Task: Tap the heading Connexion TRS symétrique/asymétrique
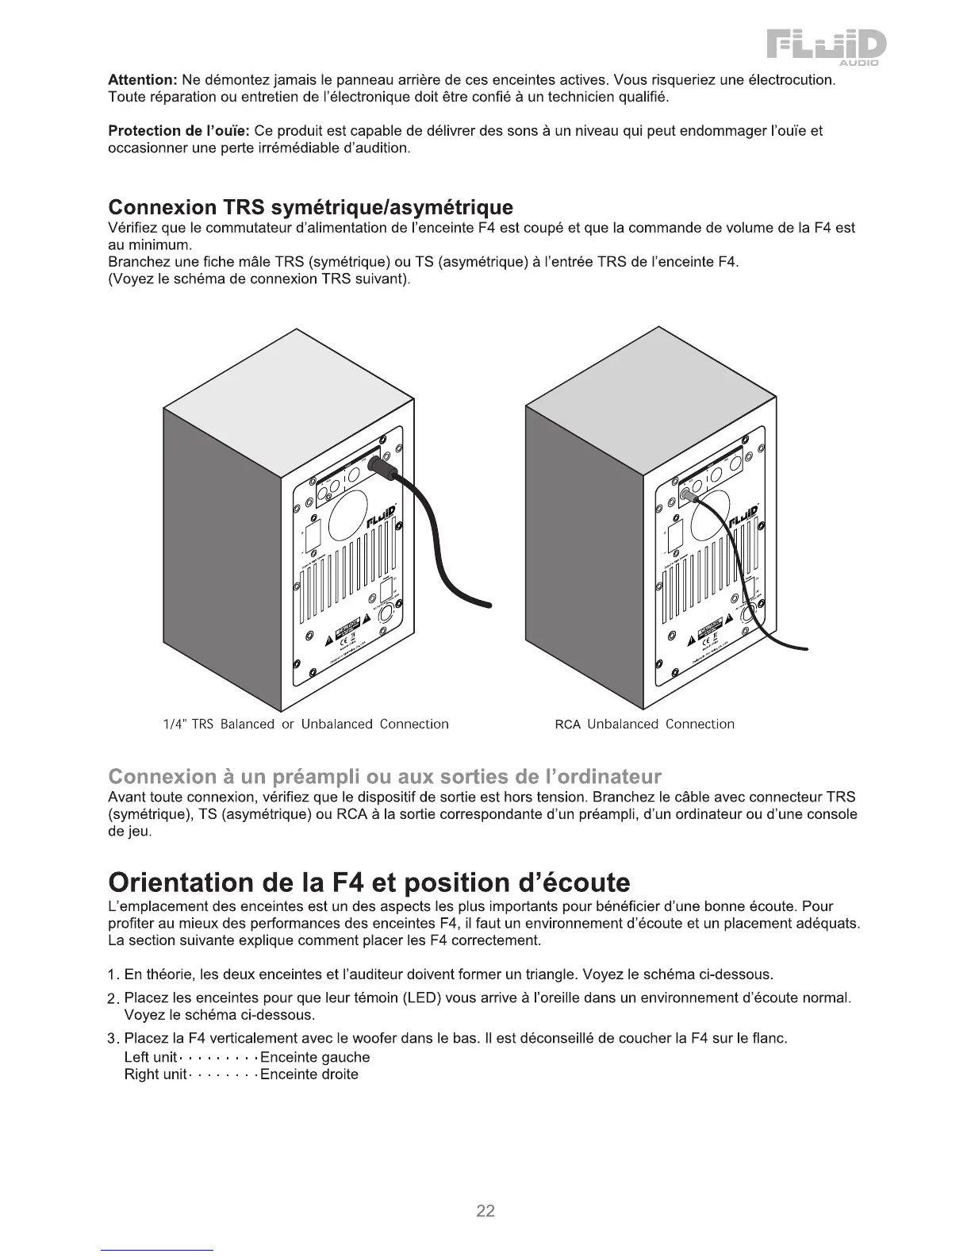(x=310, y=207)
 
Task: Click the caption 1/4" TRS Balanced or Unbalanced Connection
(x=305, y=724)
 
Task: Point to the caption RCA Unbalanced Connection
(x=644, y=724)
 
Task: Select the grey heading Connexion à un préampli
(x=384, y=775)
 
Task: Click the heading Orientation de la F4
(x=369, y=882)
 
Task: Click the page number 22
(x=485, y=1211)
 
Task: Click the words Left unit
(x=151, y=1057)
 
